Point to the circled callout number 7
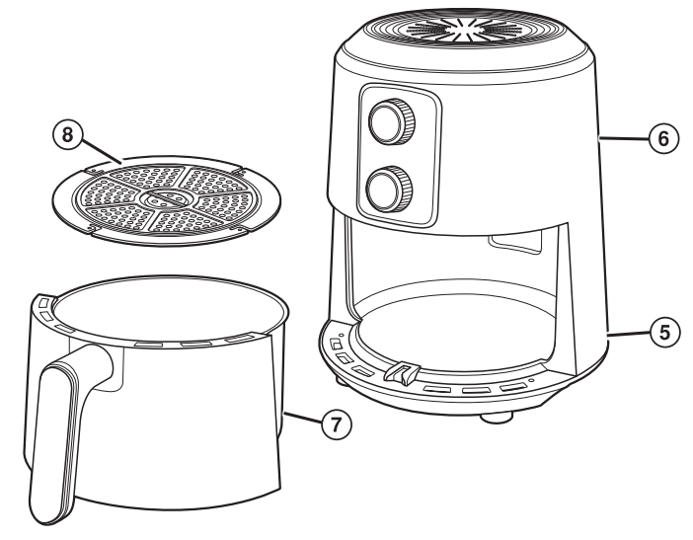pos(339,424)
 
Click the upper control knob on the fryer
pos(389,121)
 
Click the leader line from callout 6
pos(626,139)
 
